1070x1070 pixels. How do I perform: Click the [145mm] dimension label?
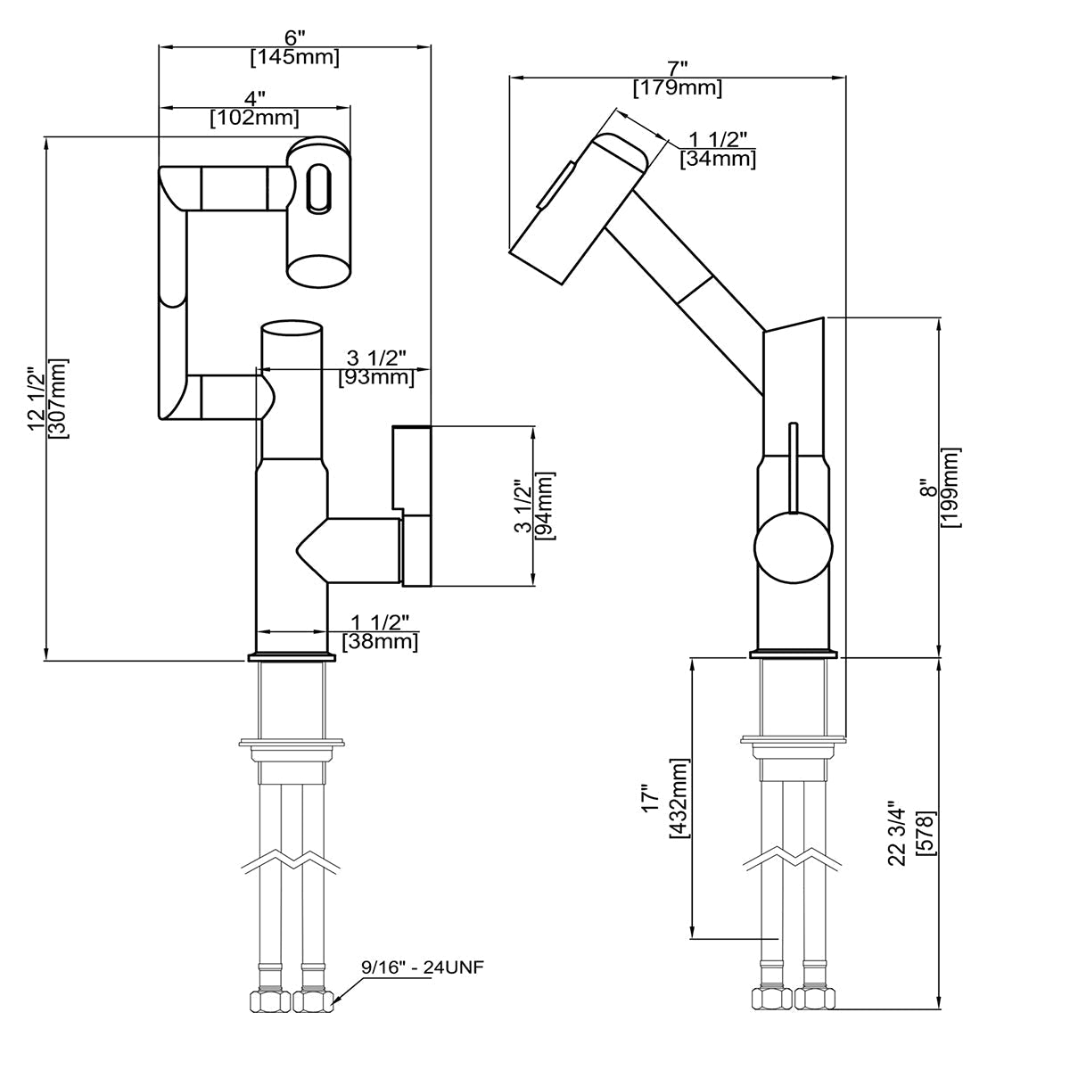click(x=294, y=58)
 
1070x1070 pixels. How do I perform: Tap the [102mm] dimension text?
click(x=254, y=117)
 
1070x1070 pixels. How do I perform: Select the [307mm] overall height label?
click(x=59, y=398)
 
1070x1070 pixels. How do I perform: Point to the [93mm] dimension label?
click(x=376, y=377)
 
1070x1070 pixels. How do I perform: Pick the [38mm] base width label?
click(x=380, y=640)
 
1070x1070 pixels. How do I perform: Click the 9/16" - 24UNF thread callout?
click(x=422, y=967)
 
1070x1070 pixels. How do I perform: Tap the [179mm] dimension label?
click(x=678, y=88)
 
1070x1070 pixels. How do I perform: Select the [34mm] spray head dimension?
click(x=718, y=159)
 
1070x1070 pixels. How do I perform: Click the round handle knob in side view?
click(x=793, y=547)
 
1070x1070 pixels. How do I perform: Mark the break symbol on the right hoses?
click(x=793, y=859)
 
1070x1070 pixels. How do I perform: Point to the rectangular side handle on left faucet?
click(x=412, y=506)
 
